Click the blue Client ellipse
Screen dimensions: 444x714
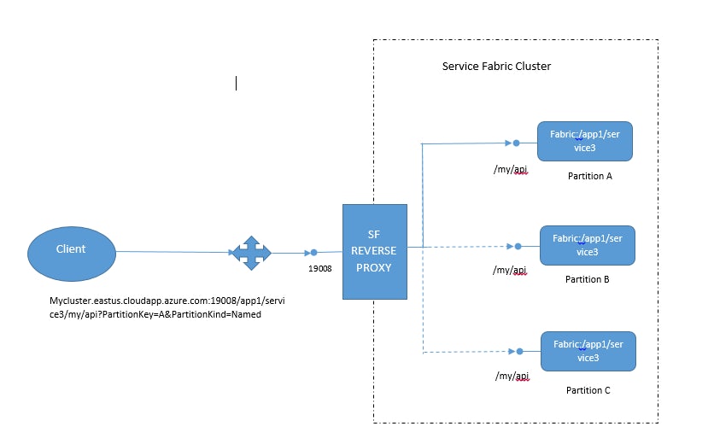tap(71, 250)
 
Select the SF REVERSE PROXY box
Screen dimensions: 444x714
tap(374, 252)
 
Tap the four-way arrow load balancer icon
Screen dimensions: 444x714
tap(250, 253)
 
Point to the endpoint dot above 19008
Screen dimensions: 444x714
tap(314, 253)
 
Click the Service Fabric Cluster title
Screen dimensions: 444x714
tap(496, 67)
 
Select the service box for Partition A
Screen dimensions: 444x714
tap(585, 141)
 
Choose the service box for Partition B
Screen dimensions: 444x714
tap(587, 245)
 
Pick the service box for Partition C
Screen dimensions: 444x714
tap(588, 351)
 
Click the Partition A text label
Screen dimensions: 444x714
tap(589, 177)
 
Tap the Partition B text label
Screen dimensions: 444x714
tap(587, 279)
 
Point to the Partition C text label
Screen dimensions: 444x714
tap(588, 390)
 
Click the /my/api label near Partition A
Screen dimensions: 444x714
tap(511, 169)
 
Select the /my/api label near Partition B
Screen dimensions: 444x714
tap(512, 271)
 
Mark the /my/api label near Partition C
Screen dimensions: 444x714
tap(512, 376)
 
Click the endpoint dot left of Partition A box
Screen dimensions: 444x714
tap(517, 143)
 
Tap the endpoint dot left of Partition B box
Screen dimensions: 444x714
tap(518, 247)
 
